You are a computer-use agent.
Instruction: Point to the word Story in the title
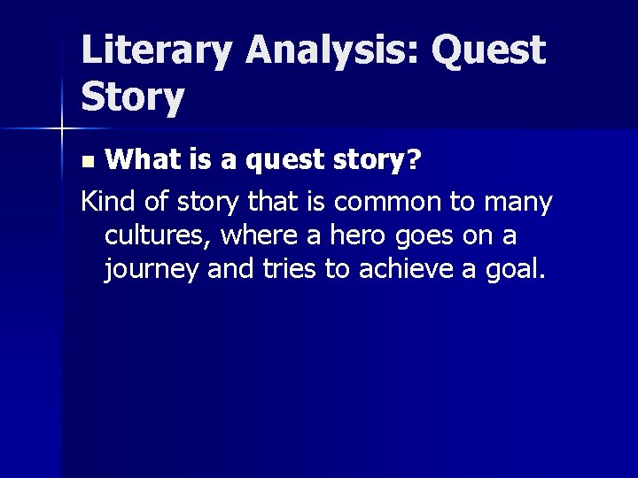(x=133, y=98)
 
